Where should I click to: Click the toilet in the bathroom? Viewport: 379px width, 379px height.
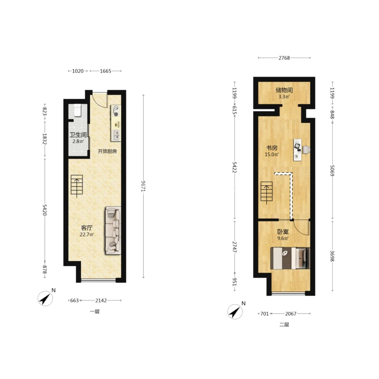coord(77,110)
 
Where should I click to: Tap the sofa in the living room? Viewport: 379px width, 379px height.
coord(113,230)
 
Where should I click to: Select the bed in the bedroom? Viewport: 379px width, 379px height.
coord(290,258)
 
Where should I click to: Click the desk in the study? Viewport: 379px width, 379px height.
coord(298,150)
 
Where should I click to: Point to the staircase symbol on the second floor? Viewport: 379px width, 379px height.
coord(267,192)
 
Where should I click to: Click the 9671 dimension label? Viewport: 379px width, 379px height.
coord(143,186)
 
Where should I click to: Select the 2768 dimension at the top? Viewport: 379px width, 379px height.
coord(284,58)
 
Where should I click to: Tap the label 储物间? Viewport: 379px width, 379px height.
coord(284,90)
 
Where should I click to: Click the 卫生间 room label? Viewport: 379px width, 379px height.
coord(78,135)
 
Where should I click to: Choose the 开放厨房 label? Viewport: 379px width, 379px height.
coord(107,151)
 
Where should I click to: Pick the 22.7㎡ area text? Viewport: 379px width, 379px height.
coord(87,234)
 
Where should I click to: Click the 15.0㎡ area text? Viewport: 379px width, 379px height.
coord(272,154)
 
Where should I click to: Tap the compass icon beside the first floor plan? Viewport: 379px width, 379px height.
coord(45,299)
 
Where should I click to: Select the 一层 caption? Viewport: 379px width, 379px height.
coord(95,312)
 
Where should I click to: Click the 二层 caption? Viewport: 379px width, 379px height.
coord(284,325)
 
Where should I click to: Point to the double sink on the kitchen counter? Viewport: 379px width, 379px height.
coord(116,135)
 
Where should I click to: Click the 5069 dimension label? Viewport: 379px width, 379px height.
coord(332,171)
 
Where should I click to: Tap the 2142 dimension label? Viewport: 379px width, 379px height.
coord(101,300)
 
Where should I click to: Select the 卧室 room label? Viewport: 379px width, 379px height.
coord(283,232)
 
